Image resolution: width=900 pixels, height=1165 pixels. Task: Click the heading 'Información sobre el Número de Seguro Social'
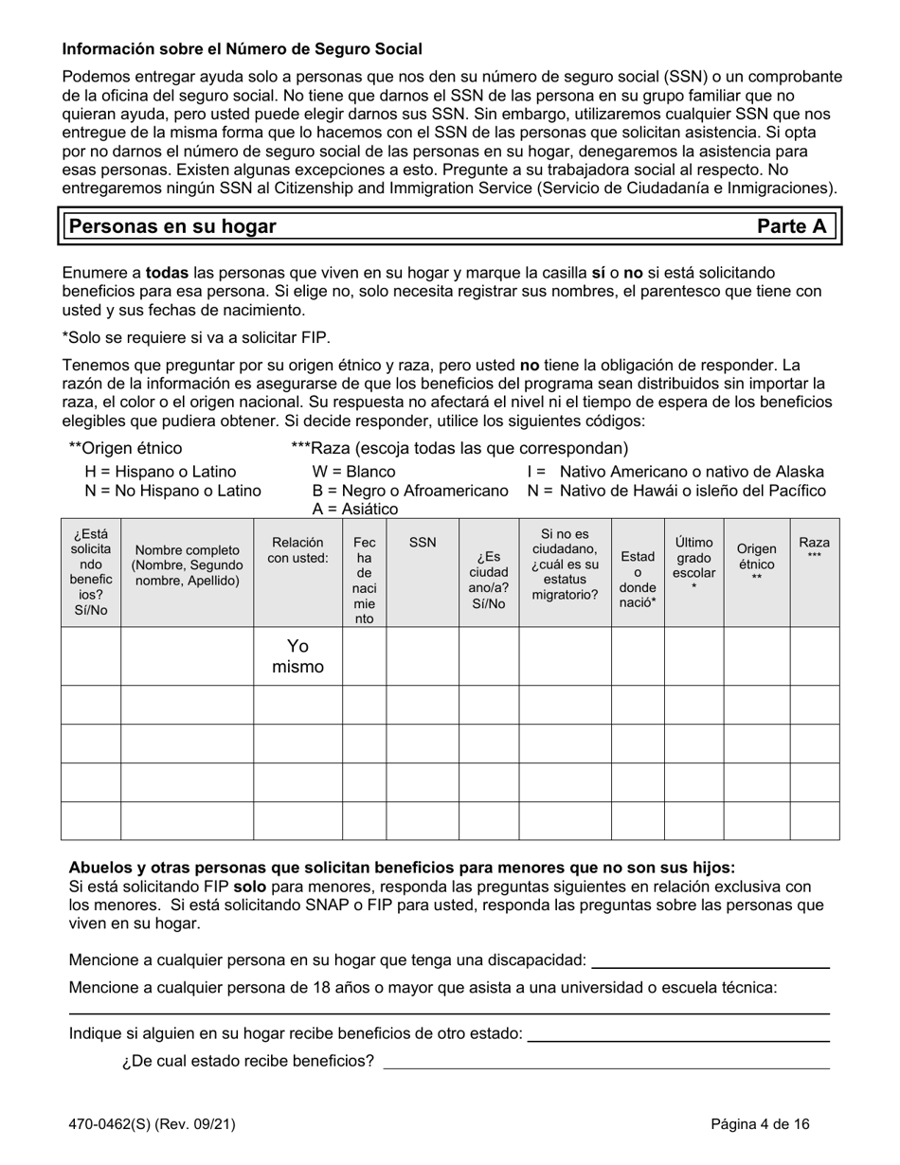coord(242,48)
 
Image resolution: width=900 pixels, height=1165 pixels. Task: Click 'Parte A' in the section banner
coord(791,226)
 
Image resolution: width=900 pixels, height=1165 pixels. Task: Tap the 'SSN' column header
coord(423,543)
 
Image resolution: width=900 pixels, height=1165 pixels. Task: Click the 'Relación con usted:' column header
coord(297,550)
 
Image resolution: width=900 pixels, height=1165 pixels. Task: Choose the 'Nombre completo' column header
coord(187,565)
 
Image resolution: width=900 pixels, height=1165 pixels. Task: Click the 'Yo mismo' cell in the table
coord(297,656)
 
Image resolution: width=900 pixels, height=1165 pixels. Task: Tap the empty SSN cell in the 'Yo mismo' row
coord(423,656)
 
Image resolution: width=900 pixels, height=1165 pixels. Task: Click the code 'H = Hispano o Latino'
coord(160,472)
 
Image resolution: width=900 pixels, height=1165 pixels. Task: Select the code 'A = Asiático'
coord(355,509)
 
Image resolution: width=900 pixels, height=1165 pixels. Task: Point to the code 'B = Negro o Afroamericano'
coord(410,491)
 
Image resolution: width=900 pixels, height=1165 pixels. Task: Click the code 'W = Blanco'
coord(353,472)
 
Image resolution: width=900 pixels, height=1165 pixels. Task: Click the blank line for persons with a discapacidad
coord(710,962)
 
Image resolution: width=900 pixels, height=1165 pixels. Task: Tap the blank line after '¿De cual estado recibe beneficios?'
coord(605,1064)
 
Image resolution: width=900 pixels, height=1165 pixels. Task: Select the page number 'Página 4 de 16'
coord(761,1125)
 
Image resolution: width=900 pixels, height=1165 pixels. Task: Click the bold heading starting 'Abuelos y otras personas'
coord(402,868)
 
